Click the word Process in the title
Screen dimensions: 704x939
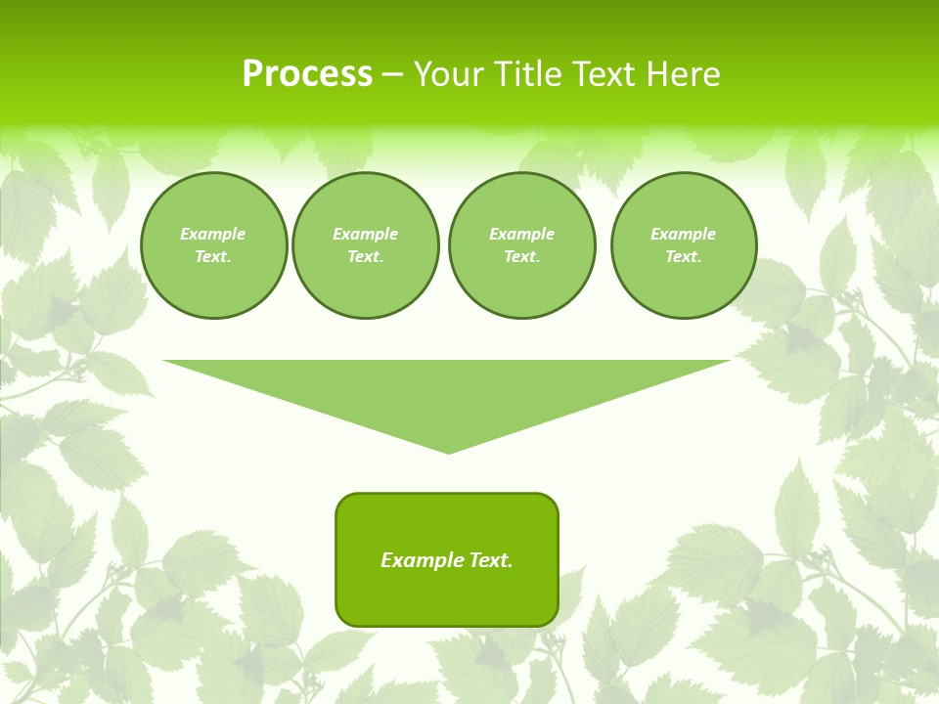[307, 74]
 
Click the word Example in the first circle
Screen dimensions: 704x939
[213, 234]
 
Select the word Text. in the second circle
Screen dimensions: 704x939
[365, 257]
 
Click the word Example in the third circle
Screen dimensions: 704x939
[521, 234]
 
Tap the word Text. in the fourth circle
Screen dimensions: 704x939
[683, 257]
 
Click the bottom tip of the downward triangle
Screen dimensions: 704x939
[448, 451]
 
